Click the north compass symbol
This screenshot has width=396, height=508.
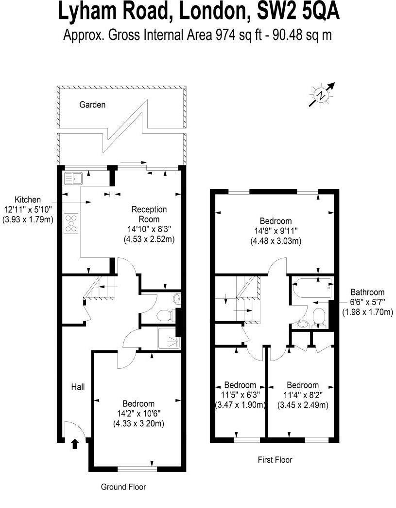pos(321,95)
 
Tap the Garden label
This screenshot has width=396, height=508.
pos(92,105)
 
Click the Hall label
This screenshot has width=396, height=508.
pos(78,387)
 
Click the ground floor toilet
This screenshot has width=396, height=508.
pos(167,315)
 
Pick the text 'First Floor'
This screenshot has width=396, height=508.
pos(275,459)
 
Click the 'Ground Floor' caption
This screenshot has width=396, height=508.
pos(123,487)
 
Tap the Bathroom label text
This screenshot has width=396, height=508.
pos(367,292)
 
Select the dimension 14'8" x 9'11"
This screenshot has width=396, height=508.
pos(275,231)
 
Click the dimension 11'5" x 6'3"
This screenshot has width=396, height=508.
pos(240,395)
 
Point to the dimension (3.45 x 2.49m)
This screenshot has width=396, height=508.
pos(302,405)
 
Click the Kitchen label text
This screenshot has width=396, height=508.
pos(27,200)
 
